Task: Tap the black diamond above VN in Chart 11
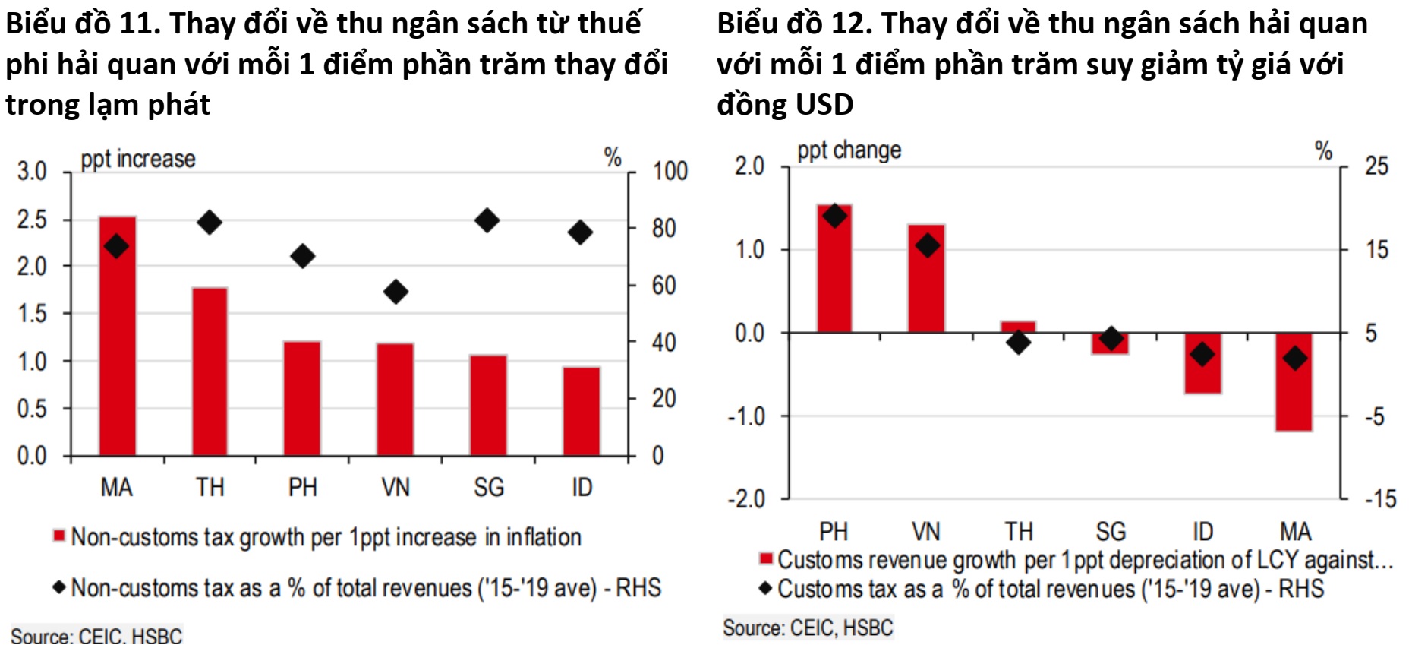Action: point(396,291)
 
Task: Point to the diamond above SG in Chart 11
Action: point(487,221)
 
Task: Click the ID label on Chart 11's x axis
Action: point(582,487)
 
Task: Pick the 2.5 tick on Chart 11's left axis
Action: point(32,220)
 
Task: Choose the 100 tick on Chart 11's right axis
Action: point(670,171)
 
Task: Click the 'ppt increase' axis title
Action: point(138,159)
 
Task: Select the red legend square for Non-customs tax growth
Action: point(58,536)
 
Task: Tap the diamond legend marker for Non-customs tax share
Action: point(58,587)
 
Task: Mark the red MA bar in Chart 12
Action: point(1294,395)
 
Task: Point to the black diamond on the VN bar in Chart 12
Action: point(927,245)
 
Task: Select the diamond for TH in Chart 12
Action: point(1019,342)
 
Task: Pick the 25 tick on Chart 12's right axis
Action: point(1376,166)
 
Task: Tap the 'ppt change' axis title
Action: point(849,150)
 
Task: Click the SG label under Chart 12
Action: point(1111,531)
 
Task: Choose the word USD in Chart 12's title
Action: point(824,104)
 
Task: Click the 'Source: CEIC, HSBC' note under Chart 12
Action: point(808,628)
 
